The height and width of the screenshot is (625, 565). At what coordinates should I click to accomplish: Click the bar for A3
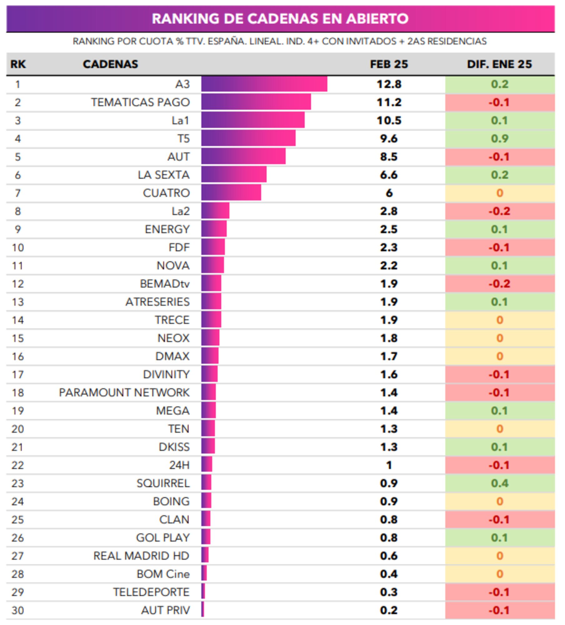point(264,84)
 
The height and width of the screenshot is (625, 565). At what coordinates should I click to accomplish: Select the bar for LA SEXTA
point(234,175)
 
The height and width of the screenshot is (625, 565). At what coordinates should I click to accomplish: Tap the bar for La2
point(215,211)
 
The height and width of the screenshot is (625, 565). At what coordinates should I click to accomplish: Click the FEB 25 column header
point(389,64)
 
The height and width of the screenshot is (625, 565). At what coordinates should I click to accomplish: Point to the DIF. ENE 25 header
point(499,64)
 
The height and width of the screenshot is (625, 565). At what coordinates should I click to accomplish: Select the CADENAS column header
point(110,64)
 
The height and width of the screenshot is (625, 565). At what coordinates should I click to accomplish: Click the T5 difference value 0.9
point(499,138)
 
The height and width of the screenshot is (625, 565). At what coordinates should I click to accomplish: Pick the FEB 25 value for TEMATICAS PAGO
point(389,102)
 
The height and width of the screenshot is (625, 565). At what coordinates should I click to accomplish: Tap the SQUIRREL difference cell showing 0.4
point(499,483)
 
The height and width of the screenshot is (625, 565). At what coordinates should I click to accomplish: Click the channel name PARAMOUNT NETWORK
point(124,392)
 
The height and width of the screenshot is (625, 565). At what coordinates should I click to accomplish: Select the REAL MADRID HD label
point(141,556)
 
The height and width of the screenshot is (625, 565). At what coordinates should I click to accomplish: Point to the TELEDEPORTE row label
point(151,592)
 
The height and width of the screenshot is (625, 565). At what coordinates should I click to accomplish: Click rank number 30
point(17,610)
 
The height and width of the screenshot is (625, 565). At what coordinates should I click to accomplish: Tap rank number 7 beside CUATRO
point(17,193)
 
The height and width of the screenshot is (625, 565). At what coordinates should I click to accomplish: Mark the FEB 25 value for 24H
point(389,465)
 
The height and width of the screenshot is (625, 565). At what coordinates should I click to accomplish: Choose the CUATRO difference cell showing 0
point(499,193)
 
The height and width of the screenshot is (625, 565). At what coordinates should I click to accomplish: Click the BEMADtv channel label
point(165,284)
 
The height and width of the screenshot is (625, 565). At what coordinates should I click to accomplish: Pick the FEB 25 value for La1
point(389,120)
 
